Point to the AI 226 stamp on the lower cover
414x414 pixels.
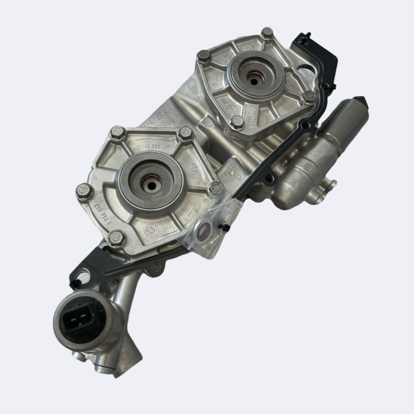[x=150, y=146]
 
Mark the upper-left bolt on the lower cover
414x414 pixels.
[x=118, y=132]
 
